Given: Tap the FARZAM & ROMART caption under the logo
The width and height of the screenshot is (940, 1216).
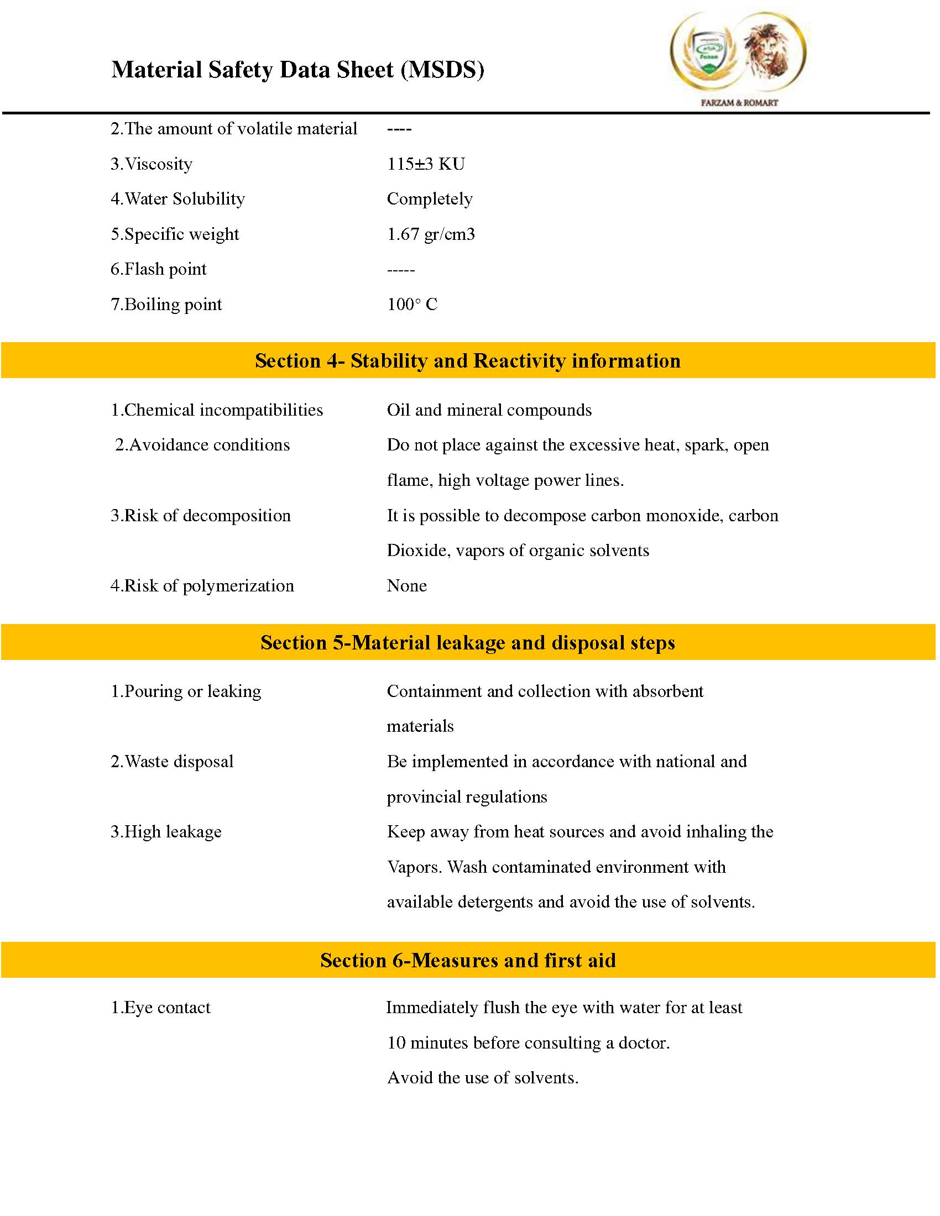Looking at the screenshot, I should [x=739, y=102].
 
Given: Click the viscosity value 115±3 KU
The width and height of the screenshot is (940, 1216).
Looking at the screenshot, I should [x=425, y=164].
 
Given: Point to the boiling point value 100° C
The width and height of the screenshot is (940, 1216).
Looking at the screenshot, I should [x=412, y=304].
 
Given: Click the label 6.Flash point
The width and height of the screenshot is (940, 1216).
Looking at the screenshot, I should [x=158, y=269].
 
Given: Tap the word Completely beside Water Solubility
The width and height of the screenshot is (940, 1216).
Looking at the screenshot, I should [x=429, y=199].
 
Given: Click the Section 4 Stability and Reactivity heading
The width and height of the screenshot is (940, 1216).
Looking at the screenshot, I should [x=468, y=361].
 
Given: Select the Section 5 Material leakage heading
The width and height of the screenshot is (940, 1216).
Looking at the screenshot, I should [x=468, y=642].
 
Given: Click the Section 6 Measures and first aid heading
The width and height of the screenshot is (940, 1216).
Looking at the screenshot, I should [x=468, y=960].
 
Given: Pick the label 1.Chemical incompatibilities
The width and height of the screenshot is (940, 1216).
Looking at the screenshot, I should [x=217, y=410].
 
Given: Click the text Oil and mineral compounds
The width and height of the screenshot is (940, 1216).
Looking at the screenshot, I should [x=489, y=410].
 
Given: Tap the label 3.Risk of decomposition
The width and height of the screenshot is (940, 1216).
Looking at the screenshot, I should [x=201, y=515].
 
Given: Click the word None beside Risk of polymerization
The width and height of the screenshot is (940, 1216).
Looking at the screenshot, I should [x=406, y=585].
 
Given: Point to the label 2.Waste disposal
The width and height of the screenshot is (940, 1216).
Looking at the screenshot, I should [x=172, y=761].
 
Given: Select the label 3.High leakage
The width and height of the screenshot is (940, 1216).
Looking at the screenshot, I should [x=166, y=831].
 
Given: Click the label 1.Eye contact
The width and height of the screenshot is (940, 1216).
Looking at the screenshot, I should [x=160, y=1007].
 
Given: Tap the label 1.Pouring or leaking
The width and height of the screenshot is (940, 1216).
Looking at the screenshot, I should [x=186, y=691].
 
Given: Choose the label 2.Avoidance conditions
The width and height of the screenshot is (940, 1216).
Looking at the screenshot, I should [x=202, y=445].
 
